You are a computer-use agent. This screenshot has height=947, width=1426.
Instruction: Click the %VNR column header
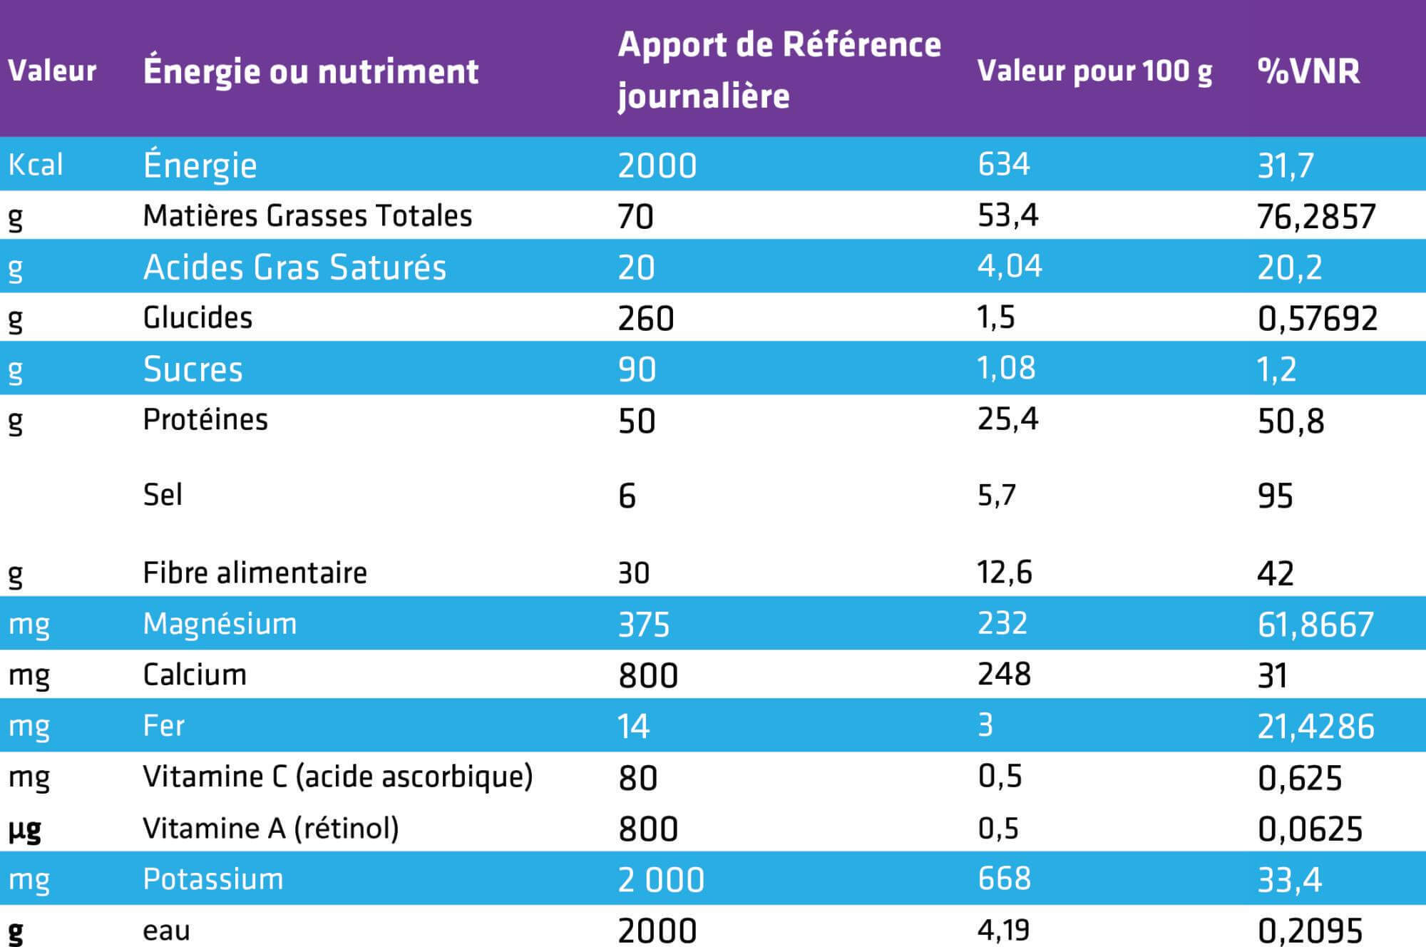1308,71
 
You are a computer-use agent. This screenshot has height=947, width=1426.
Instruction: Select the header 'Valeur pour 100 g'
1094,71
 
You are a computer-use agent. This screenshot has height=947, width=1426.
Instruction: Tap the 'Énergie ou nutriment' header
310,71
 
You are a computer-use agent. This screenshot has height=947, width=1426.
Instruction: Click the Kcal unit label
36,165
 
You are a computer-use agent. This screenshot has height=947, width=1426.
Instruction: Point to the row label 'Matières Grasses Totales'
307,216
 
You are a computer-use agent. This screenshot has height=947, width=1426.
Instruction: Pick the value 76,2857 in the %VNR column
1315,217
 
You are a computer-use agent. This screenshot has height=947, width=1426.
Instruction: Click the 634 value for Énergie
1003,165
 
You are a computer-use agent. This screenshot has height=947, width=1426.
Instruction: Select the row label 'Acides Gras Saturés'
294,267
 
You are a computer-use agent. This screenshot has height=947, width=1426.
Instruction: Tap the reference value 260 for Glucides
645,319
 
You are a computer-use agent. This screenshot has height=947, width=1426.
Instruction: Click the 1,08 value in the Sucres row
1006,368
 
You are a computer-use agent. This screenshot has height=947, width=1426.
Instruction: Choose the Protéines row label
205,419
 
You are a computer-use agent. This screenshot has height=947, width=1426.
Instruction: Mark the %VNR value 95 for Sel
1275,496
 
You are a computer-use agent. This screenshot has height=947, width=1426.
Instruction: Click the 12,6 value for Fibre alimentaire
1004,573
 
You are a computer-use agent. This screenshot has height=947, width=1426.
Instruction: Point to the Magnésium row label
220,624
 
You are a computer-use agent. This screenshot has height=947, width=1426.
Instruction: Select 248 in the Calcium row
1004,675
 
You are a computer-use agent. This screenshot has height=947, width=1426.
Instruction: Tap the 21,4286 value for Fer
1315,727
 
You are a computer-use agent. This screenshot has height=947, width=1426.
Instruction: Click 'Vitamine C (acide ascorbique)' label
337,777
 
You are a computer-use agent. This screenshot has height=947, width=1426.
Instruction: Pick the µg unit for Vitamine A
24,829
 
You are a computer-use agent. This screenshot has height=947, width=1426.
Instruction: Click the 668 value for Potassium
1004,879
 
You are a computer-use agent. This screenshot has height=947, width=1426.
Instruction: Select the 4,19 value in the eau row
1003,930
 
